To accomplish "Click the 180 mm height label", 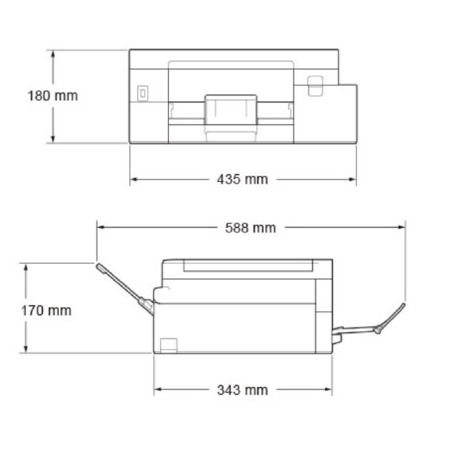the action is (x=53, y=96).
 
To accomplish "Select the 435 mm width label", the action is (x=243, y=179).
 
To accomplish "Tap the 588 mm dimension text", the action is (x=251, y=228).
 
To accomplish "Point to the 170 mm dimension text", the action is (x=46, y=311).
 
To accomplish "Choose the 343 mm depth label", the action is (x=243, y=390).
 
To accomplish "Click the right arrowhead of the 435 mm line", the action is (x=353, y=179).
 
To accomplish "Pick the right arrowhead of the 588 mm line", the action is (x=402, y=227).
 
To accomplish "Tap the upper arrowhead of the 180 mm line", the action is (x=53, y=54).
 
